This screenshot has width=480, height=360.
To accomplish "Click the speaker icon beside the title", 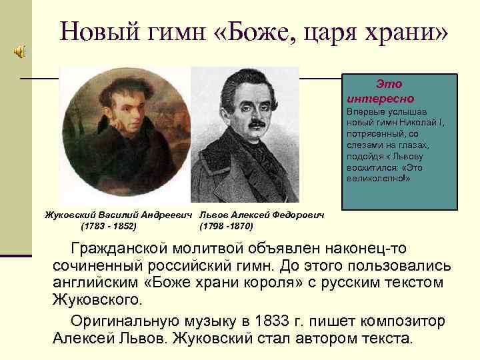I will [17, 52].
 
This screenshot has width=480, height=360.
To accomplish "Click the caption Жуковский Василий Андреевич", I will [120, 215].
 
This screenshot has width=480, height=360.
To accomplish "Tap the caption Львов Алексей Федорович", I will [262, 215].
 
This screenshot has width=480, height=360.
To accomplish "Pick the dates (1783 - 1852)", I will [109, 226].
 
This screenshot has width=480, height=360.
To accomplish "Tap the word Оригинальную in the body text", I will [129, 321].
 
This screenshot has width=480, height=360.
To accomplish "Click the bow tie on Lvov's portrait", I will [263, 161].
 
